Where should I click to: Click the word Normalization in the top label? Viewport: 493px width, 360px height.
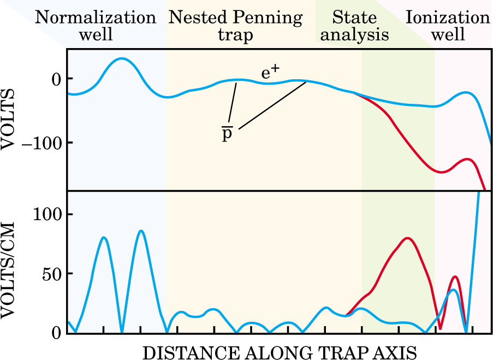pos(96,17)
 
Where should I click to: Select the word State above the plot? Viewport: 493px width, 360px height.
pos(354,17)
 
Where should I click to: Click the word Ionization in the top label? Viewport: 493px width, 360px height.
pos(448,17)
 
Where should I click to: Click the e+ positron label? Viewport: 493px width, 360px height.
pos(270,73)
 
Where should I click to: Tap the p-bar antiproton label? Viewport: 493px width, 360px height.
pos(227,133)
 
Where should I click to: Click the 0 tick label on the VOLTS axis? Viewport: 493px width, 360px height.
pos(57,80)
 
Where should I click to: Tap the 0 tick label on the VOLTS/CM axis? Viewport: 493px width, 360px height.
pos(57,333)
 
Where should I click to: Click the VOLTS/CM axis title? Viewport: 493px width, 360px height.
pos(8,270)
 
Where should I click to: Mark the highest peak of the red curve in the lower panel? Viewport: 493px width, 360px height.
pos(407,238)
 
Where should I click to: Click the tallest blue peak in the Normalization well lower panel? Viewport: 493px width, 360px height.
pos(141,231)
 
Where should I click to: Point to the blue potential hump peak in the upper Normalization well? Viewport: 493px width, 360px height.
pos(122,58)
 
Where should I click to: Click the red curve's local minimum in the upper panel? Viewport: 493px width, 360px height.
pos(442,172)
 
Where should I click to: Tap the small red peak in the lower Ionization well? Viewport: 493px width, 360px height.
pos(455,276)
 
